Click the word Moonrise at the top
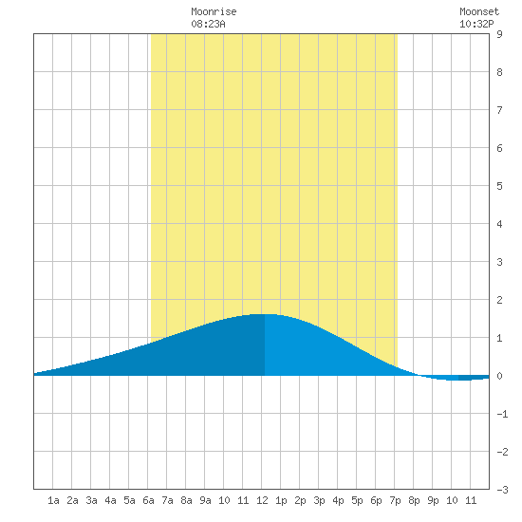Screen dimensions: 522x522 (x=214, y=11)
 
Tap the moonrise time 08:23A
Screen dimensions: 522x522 (x=208, y=24)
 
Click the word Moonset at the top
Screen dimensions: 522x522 (x=479, y=11)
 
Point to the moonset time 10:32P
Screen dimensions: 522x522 (x=476, y=24)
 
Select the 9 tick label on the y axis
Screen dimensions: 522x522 (x=499, y=34)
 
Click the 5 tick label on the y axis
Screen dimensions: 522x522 (x=499, y=186)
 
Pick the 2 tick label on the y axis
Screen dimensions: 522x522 (x=499, y=300)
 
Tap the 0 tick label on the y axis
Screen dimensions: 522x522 (x=499, y=376)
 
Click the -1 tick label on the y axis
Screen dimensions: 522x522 (x=502, y=414)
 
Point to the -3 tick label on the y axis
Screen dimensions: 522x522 (x=502, y=490)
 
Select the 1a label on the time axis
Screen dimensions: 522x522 (x=53, y=500)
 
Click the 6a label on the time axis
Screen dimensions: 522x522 (x=148, y=500)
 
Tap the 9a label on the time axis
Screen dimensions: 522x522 (x=205, y=500)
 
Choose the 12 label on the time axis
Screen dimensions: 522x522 (x=262, y=500)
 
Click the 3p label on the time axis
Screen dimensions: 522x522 (x=319, y=500)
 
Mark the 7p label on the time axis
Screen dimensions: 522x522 (x=395, y=500)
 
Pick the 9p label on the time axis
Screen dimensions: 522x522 (x=433, y=500)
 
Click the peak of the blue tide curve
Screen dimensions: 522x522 (x=265, y=314)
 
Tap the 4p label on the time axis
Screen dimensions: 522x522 (x=338, y=500)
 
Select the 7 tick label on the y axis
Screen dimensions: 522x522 (x=499, y=110)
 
